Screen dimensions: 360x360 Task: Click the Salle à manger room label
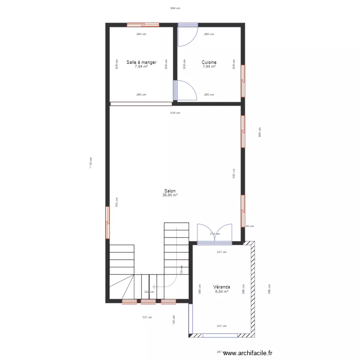[142, 62]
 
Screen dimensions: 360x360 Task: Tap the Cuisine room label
[209, 62]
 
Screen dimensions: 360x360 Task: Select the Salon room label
[170, 191]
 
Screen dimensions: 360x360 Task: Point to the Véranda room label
[222, 287]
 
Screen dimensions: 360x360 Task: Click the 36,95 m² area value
[170, 195]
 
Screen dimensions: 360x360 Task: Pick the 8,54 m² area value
[222, 291]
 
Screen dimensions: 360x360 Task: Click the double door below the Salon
[215, 233]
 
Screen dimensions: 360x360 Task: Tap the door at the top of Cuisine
[188, 34]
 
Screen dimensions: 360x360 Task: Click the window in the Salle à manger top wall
[143, 24]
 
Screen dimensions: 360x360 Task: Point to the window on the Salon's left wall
[108, 222]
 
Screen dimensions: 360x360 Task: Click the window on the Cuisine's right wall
[243, 80]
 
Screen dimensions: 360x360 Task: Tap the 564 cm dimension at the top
[175, 8]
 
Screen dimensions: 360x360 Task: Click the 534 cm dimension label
[175, 113]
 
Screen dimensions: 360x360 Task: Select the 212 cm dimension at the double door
[215, 234]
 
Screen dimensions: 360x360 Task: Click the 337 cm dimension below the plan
[147, 317]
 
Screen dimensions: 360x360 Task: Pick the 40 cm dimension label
[250, 226]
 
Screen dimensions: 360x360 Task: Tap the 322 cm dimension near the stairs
[149, 292]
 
